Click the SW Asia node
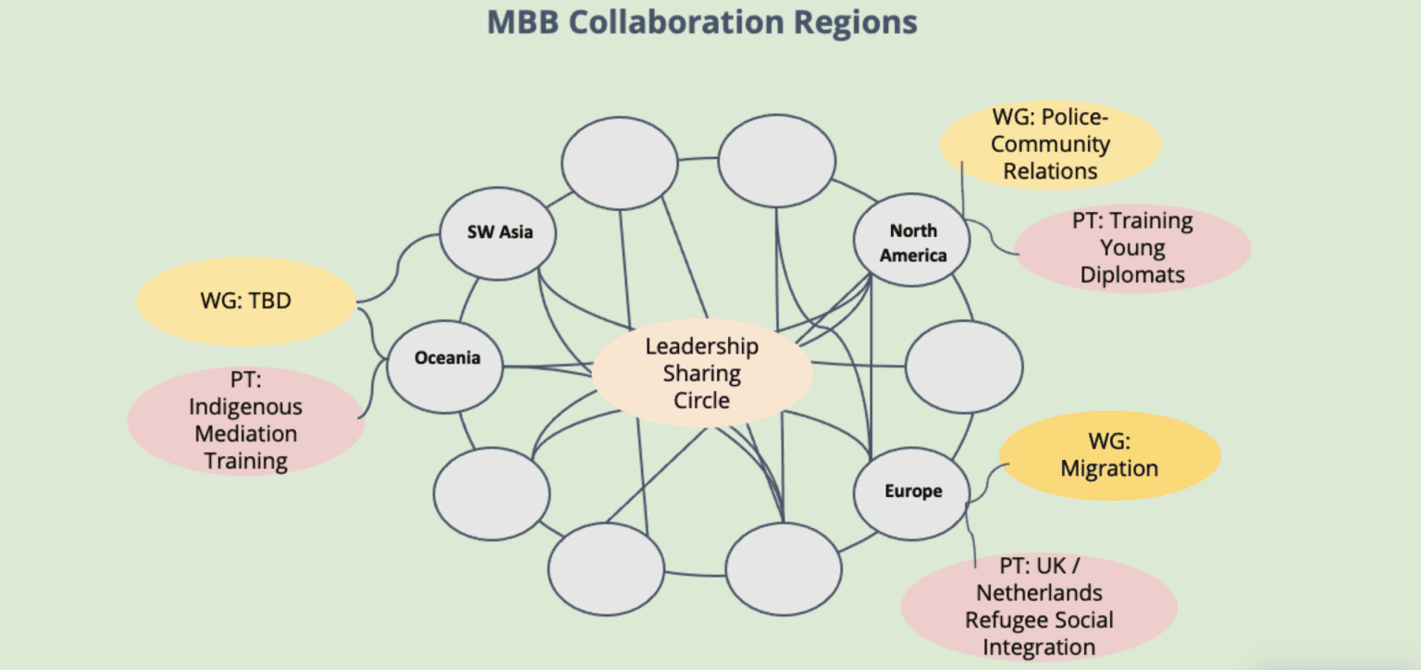coord(500,232)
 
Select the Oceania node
coord(446,357)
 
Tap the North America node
coord(912,242)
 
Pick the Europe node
coord(911,491)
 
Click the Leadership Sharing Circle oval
coord(701,373)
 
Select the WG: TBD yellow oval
coord(245,301)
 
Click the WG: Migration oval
coord(1109,455)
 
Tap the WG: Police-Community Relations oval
coord(1050,144)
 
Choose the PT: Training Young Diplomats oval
coord(1132,248)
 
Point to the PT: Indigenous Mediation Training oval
coord(245,420)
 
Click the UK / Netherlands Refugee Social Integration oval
coord(1038,606)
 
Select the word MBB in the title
coord(523,21)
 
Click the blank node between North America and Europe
coord(964,367)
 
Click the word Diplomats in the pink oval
coord(1132,275)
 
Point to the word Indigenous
coord(245,406)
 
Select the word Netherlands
coord(1039,591)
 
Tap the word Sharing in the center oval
coord(701,373)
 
